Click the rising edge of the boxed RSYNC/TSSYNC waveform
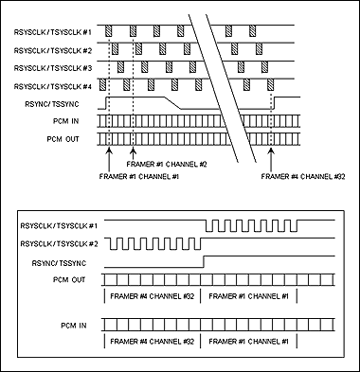[x=205, y=260]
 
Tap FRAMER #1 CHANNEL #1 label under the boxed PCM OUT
[x=252, y=297]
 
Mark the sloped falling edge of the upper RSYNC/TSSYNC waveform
[x=171, y=99]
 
